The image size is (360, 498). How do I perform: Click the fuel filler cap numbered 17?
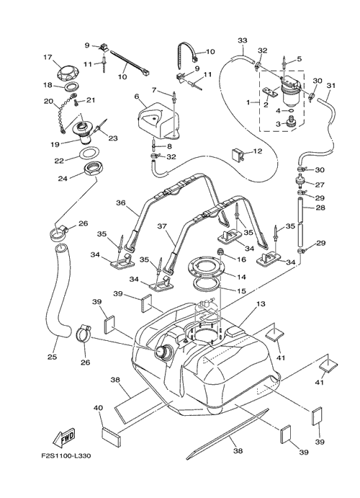(68, 74)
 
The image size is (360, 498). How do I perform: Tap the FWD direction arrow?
(64, 435)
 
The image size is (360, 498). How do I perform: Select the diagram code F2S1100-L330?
(66, 456)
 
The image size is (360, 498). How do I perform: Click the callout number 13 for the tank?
(261, 304)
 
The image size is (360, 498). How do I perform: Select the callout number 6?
(137, 96)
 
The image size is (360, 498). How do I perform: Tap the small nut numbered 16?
(219, 252)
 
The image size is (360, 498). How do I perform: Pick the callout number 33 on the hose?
(243, 40)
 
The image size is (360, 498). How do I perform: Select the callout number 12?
(258, 151)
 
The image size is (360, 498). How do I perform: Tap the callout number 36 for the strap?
(121, 203)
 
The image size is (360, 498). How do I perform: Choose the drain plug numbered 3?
(290, 122)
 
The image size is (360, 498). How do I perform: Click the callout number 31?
(330, 85)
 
